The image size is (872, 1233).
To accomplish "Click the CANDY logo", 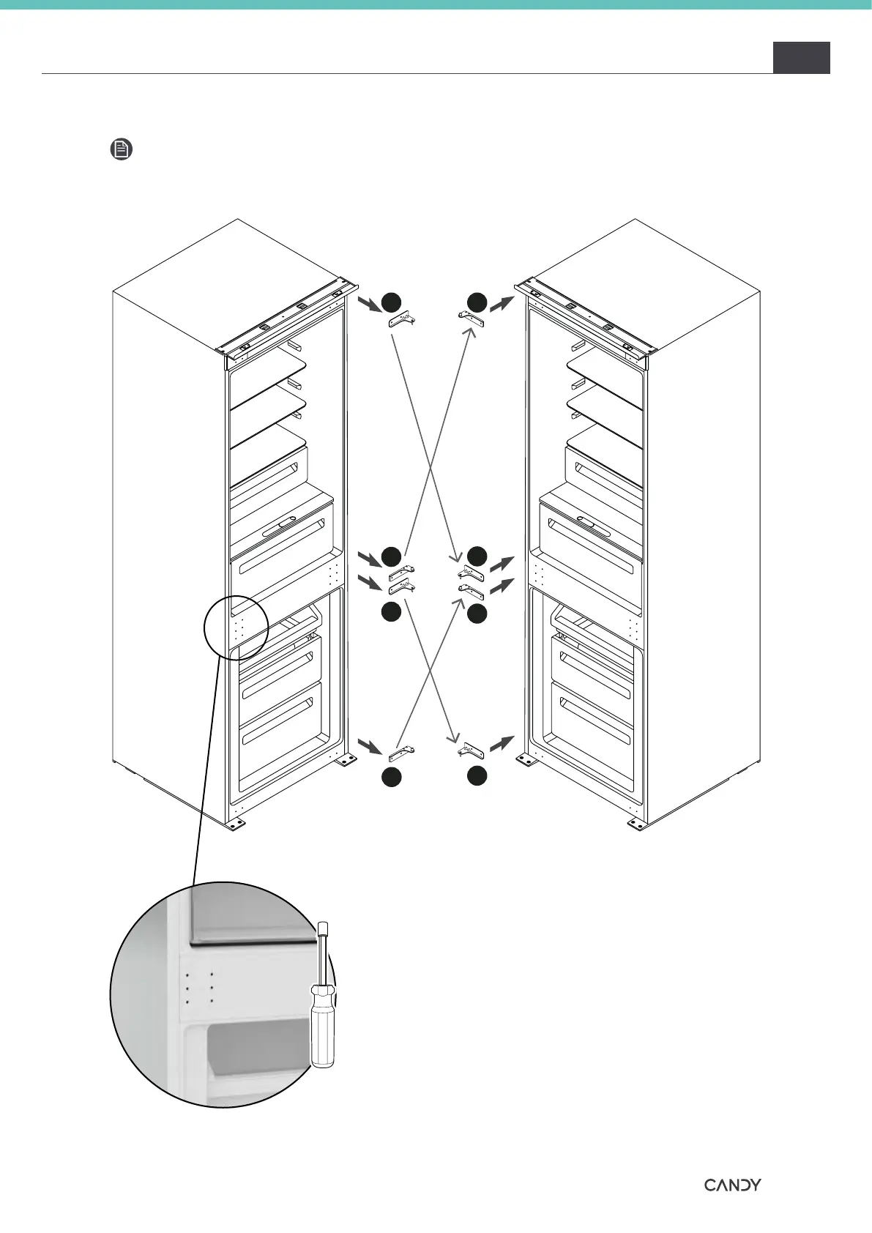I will (732, 1185).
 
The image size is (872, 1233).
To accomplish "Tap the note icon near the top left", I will (122, 150).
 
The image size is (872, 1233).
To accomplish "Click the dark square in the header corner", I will (801, 58).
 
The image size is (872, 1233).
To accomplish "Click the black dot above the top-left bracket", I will (392, 301).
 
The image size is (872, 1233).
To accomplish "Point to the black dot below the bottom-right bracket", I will (477, 776).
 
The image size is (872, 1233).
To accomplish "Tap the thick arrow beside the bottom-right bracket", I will (502, 744).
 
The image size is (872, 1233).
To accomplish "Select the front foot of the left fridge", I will (235, 824).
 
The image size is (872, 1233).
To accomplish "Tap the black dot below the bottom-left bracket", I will (392, 778).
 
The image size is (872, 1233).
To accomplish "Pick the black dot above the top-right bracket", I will (477, 301).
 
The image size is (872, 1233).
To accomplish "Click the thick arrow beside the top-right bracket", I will (502, 303).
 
